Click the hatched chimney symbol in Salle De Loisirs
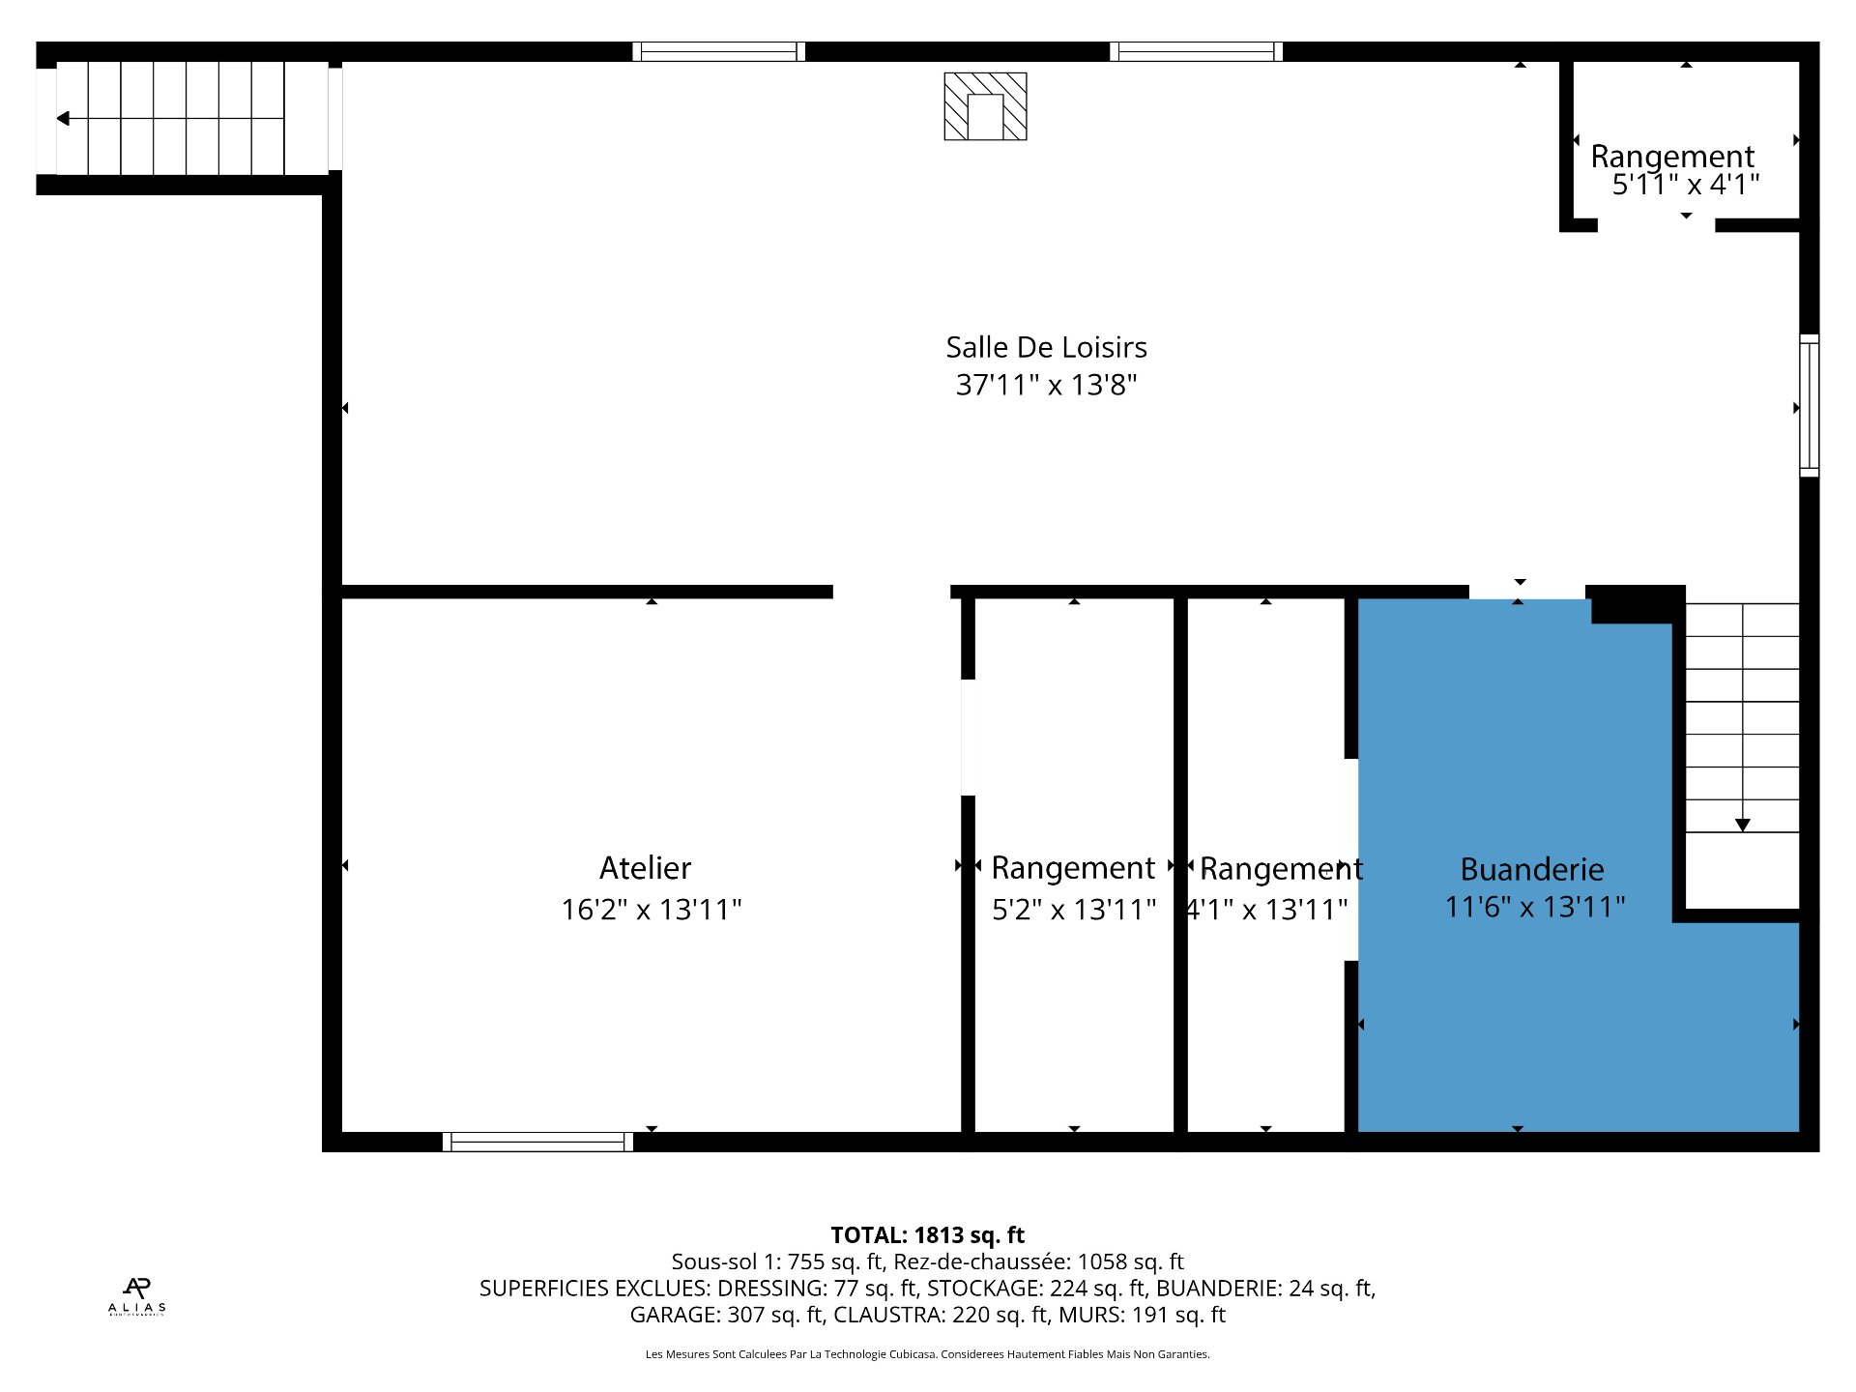click(985, 106)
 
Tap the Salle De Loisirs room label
click(1046, 347)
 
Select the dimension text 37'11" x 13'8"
click(1046, 385)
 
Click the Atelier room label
click(645, 868)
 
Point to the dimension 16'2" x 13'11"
click(652, 910)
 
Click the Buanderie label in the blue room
click(1532, 870)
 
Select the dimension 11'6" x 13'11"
click(1535, 908)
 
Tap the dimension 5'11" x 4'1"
click(1686, 185)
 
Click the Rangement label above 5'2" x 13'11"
click(1073, 868)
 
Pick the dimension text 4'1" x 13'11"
click(1267, 910)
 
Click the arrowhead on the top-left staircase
click(63, 119)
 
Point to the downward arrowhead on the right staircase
click(1742, 825)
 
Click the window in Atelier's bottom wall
click(537, 1142)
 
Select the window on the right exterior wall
click(1809, 406)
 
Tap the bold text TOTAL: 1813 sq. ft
click(927, 1234)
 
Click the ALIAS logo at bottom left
click(136, 1295)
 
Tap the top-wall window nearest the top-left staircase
click(718, 51)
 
